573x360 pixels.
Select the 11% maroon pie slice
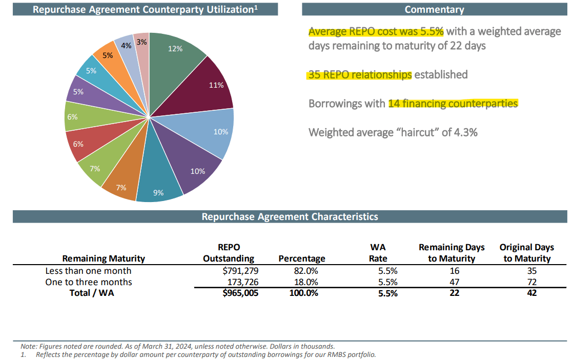[x=204, y=88]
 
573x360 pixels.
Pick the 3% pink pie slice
[x=142, y=55]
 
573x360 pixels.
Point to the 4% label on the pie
[x=126, y=46]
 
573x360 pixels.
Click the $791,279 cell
[x=240, y=271]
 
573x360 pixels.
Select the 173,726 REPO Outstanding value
[x=243, y=282]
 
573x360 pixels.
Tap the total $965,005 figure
[x=240, y=293]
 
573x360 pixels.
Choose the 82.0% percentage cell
[x=306, y=271]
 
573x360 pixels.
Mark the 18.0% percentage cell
[x=306, y=282]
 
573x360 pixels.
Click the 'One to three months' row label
[x=89, y=282]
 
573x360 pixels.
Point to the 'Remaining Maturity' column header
[x=104, y=258]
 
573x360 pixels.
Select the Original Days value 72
[x=531, y=282]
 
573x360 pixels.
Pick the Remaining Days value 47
[x=454, y=282]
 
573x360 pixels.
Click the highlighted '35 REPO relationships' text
[x=360, y=74]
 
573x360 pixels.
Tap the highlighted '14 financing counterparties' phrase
[x=453, y=104]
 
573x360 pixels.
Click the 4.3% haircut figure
[x=465, y=132]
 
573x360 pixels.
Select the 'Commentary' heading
[x=435, y=10]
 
